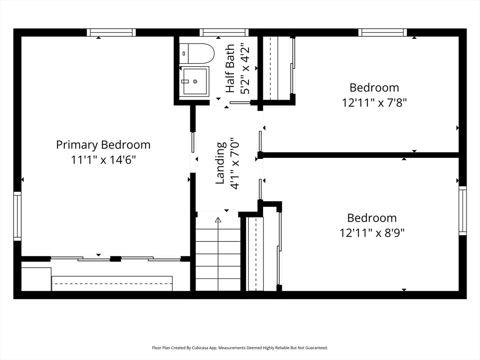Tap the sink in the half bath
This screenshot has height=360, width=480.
(194, 81)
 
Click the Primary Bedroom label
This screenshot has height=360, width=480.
(103, 145)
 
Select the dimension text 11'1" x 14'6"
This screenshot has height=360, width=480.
(103, 159)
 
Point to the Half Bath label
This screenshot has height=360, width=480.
(230, 68)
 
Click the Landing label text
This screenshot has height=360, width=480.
(221, 163)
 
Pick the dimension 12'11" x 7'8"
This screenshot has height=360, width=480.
(374, 103)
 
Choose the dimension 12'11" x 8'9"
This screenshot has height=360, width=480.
(372, 233)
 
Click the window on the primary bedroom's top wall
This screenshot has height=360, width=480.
(111, 32)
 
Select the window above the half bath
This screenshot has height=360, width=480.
(224, 32)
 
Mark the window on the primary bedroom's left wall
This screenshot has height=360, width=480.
(17, 216)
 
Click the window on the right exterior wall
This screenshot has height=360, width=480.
(463, 210)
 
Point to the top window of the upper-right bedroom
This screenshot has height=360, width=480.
(382, 32)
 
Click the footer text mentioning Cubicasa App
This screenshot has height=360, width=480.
(240, 348)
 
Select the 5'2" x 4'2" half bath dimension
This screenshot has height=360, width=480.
(245, 70)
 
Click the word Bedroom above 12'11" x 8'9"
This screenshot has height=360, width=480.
(372, 218)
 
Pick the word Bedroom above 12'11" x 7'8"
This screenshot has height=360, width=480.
(375, 88)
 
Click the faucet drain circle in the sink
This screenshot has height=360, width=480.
(195, 82)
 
